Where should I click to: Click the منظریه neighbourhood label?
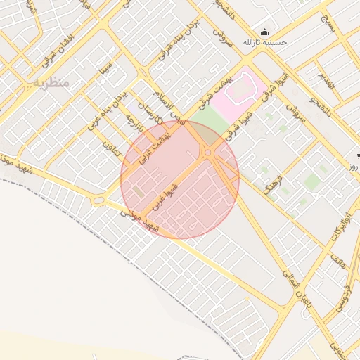pyautogui.click(x=51, y=83)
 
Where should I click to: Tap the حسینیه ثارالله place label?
pyautogui.click(x=264, y=43)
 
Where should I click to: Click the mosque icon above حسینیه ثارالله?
pyautogui.click(x=264, y=32)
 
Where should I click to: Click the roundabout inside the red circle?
pyautogui.click(x=209, y=153)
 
